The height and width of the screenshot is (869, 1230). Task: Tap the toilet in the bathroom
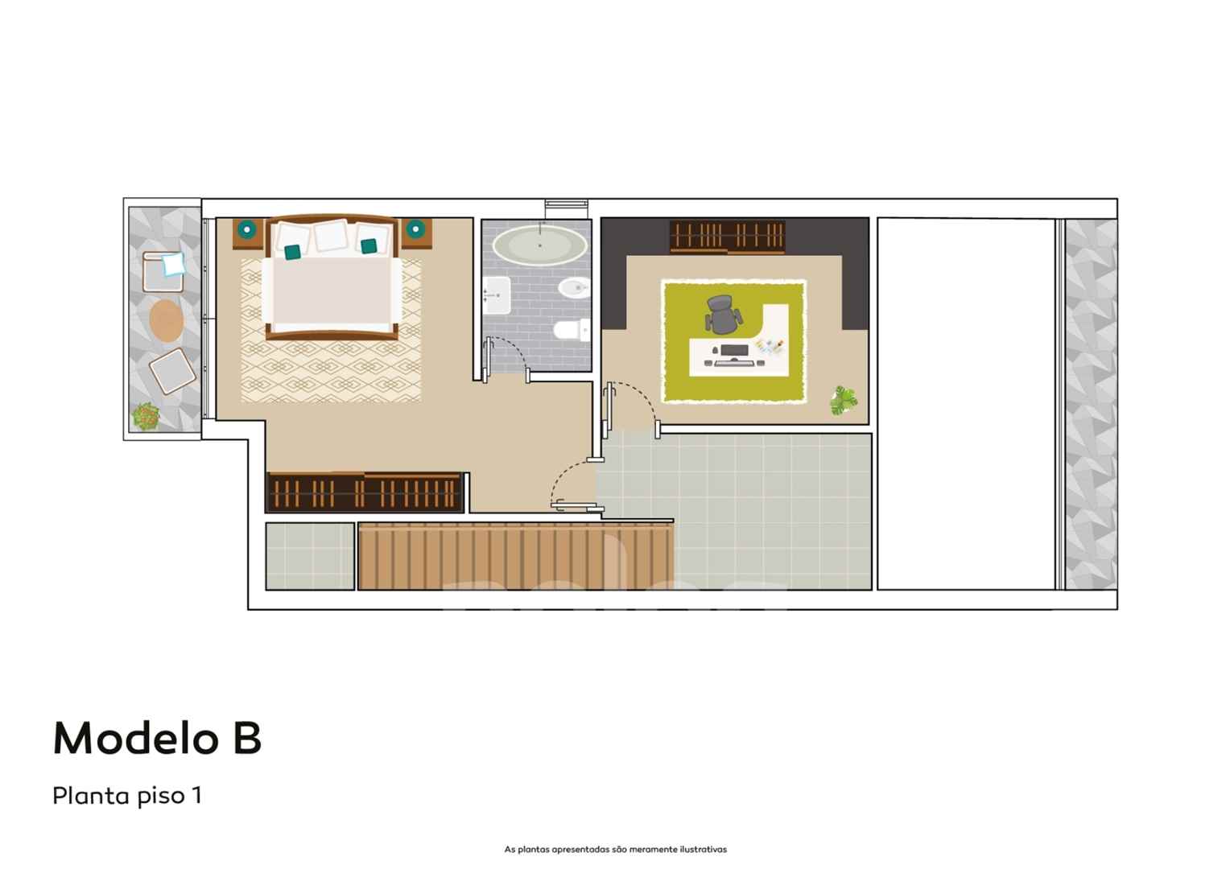[x=572, y=330]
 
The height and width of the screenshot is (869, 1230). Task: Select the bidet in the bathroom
[x=574, y=287]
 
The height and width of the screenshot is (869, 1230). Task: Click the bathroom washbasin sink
[x=497, y=295]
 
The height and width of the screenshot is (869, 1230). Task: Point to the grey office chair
[x=724, y=314]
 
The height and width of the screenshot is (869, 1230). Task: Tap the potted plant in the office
[x=844, y=400]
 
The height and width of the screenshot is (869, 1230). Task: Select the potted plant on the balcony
[x=146, y=416]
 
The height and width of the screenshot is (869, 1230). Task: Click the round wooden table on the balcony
[x=166, y=320]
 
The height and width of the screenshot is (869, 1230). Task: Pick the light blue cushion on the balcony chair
[x=174, y=263]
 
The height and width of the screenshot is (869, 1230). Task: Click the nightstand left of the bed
[x=248, y=234]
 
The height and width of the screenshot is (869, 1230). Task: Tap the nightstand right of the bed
[x=416, y=234]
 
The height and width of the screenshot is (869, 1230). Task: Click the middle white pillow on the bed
[x=331, y=235]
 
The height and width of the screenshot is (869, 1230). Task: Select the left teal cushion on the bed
[x=292, y=252]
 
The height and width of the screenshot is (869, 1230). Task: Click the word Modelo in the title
[x=135, y=738]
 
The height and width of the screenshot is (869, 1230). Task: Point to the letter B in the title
[x=247, y=738]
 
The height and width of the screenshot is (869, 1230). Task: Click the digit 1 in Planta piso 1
[x=196, y=796]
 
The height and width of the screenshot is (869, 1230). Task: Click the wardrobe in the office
[x=727, y=237]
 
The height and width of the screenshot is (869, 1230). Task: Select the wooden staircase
[x=516, y=556]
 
